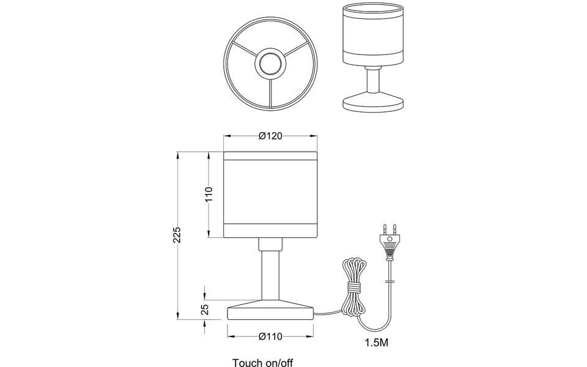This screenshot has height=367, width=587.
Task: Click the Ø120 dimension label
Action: (270, 136)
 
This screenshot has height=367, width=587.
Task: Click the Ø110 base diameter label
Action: (270, 336)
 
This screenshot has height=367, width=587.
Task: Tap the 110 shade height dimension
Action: (208, 194)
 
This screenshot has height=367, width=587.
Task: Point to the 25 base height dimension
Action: (205, 310)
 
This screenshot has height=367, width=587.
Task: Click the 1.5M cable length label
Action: (375, 343)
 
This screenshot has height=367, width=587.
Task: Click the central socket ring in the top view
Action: (270, 64)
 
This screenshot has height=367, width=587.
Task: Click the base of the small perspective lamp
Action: (372, 102)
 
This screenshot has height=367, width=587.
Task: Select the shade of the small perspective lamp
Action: (372, 37)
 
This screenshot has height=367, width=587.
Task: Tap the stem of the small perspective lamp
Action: (372, 80)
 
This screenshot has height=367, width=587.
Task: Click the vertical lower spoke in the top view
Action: (270, 92)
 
